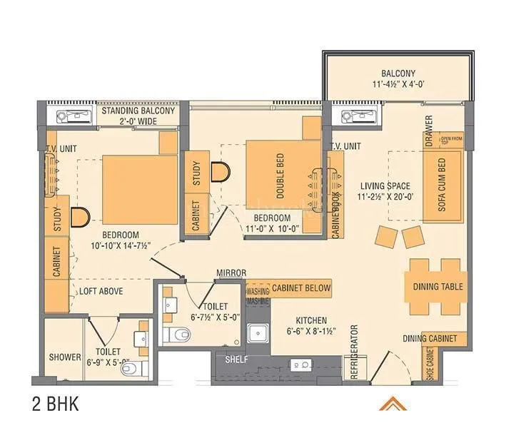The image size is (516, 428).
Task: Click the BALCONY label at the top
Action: click(x=398, y=73)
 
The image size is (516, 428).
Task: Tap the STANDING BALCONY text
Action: click(x=138, y=111)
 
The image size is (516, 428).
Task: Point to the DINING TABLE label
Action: click(x=437, y=287)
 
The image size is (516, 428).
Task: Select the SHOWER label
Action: click(x=64, y=357)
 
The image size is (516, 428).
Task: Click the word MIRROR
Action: click(x=232, y=273)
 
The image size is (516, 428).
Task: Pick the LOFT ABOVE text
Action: click(x=101, y=291)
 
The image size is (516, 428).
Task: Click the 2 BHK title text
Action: click(x=54, y=405)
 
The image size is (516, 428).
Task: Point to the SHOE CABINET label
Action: click(x=430, y=364)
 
